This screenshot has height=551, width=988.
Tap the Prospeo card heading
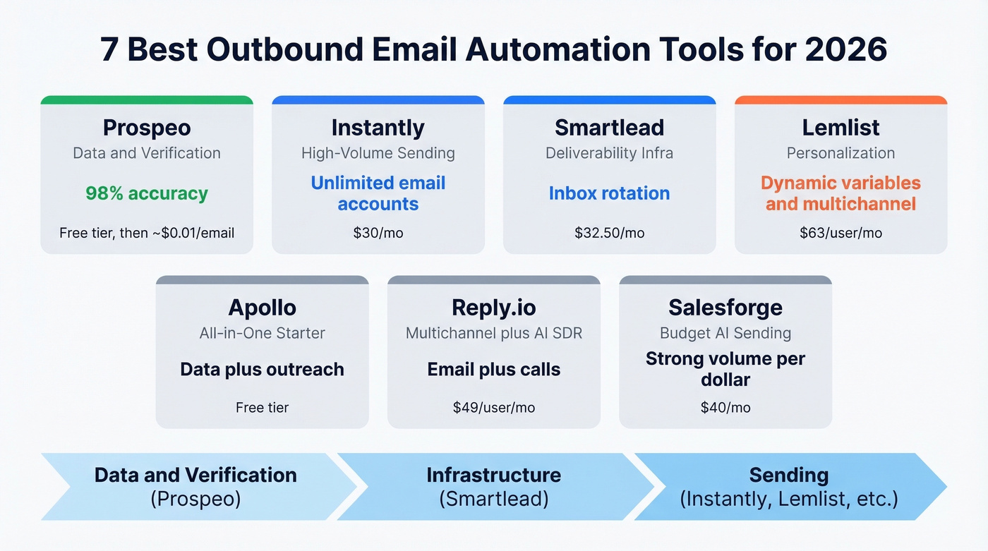147,128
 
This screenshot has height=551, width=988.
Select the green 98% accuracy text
147,193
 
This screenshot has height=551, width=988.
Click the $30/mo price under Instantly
378,233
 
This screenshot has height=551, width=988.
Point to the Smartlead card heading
609,128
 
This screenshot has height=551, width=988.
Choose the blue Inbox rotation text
609,193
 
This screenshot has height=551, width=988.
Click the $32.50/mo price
609,233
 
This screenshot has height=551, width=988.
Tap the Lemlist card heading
841,128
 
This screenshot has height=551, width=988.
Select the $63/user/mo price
841,233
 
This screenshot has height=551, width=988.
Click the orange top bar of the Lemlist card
841,100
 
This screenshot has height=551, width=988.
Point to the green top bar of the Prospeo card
147,100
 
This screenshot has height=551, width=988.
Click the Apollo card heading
262,308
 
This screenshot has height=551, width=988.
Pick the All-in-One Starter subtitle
262,333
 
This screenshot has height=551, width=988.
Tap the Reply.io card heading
493,308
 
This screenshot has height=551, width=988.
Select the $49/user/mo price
493,407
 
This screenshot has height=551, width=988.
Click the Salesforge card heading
725,308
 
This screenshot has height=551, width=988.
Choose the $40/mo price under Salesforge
725,407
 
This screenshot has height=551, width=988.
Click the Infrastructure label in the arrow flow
493,475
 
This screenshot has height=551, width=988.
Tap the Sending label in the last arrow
788,475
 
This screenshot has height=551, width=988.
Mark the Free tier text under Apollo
262,407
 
